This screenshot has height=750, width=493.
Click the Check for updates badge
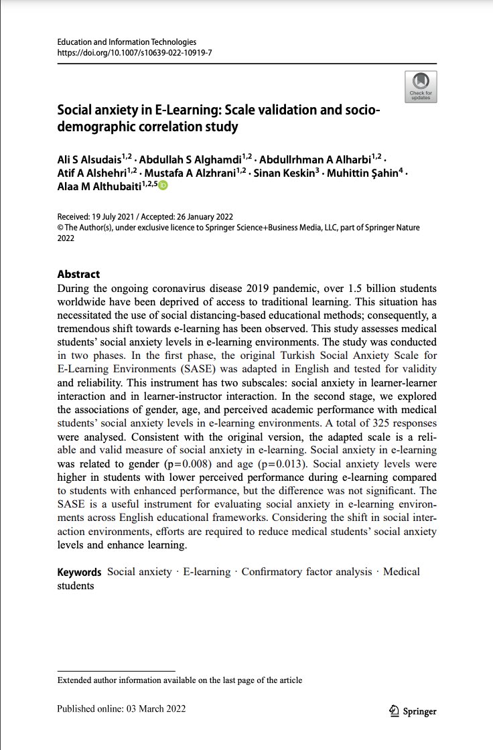click(421, 86)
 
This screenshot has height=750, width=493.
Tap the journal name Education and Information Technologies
click(127, 42)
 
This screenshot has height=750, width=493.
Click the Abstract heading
click(78, 274)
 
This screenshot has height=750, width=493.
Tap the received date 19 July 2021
click(118, 218)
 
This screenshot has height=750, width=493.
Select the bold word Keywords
click(79, 572)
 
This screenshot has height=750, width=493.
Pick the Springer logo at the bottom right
click(412, 711)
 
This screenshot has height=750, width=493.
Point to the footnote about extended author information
click(180, 680)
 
